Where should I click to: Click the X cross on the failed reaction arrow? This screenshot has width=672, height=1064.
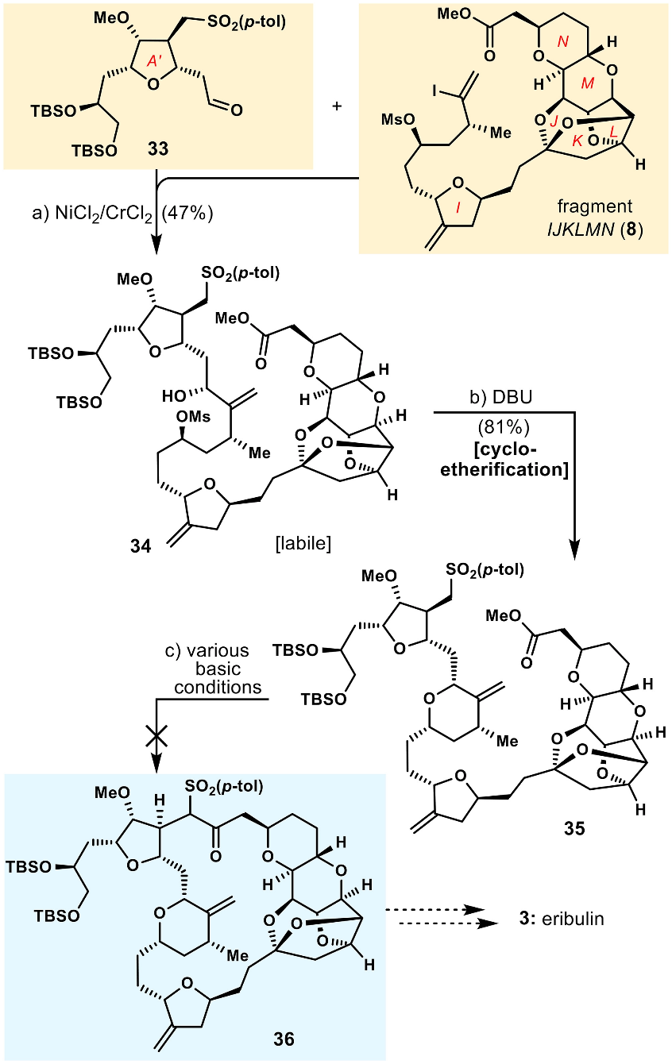[156, 738]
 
